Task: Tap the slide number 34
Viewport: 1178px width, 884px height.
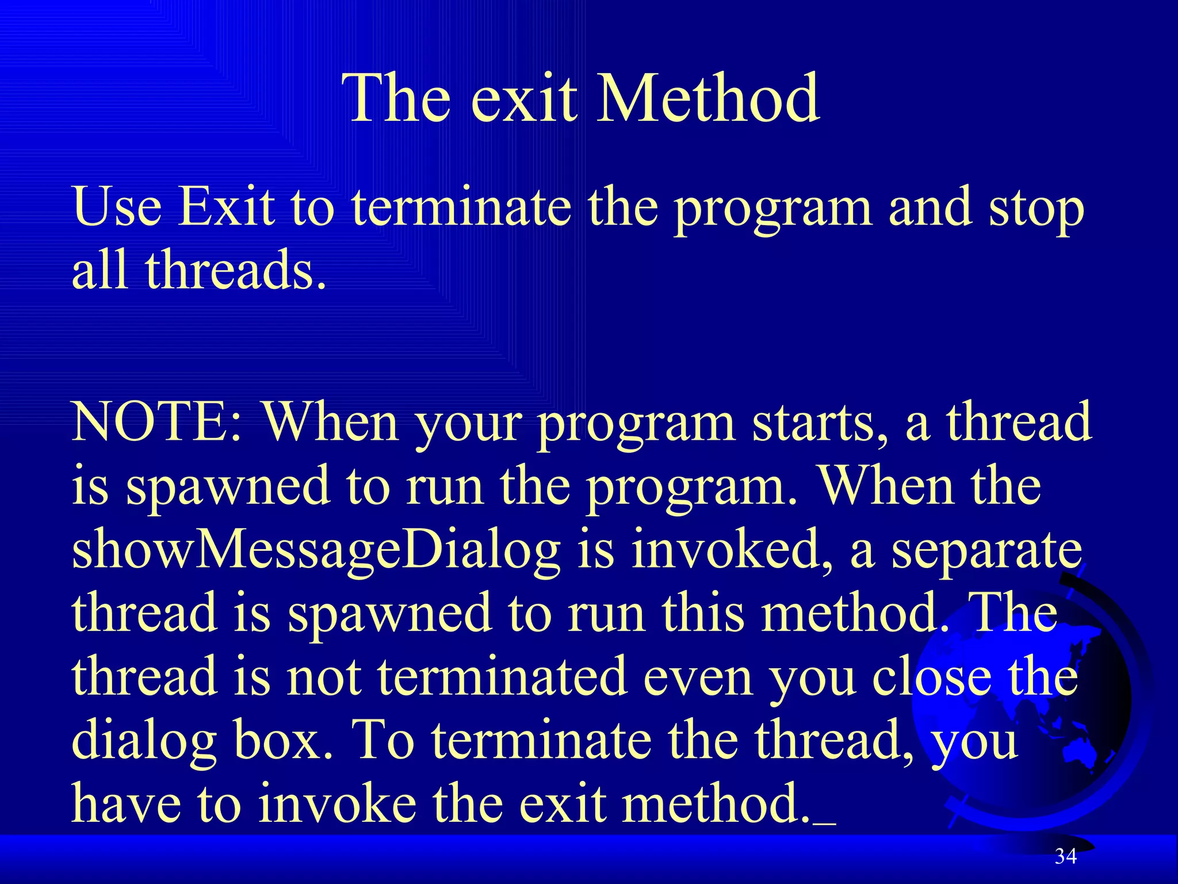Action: (1065, 856)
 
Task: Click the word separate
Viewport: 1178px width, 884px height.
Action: (986, 551)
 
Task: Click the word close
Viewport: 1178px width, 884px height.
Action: (932, 678)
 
